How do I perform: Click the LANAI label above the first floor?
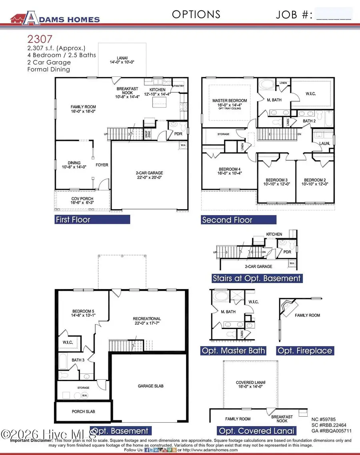(x=117, y=60)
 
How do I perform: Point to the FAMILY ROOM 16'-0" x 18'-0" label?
(x=83, y=109)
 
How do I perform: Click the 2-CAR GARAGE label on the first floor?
(x=149, y=175)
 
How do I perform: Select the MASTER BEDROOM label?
(x=230, y=103)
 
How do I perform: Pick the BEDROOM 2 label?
(x=316, y=182)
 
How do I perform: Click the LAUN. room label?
(x=323, y=143)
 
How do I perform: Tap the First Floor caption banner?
(x=92, y=220)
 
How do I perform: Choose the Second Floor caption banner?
(x=238, y=220)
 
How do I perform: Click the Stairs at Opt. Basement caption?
(x=257, y=278)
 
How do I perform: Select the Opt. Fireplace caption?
(x=305, y=351)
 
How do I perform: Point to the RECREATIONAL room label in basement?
(x=147, y=321)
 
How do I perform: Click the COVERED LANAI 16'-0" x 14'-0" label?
(x=250, y=385)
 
